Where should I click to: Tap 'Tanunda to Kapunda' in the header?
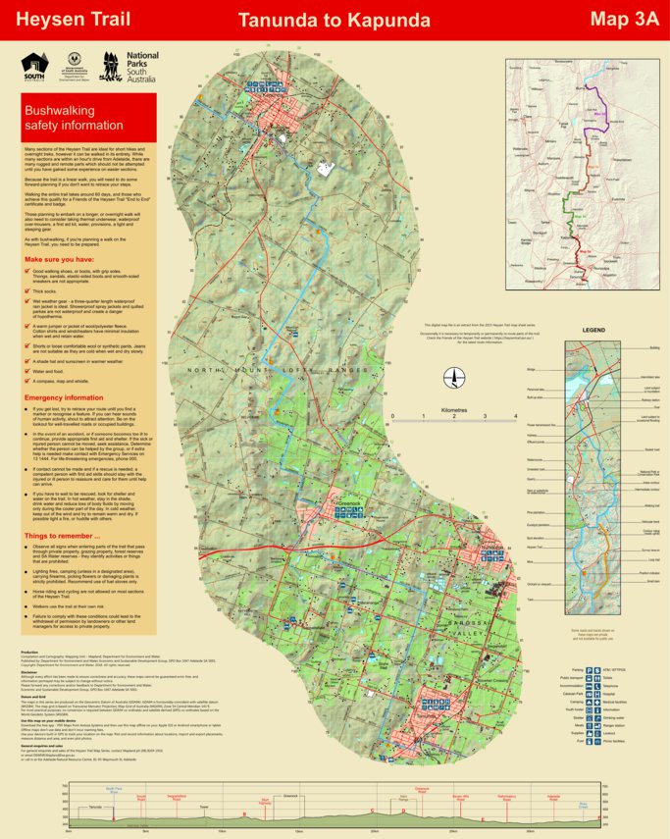pyautogui.click(x=335, y=20)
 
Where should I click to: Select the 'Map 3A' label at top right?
pyautogui.click(x=623, y=20)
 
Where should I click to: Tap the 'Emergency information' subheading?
pyautogui.click(x=69, y=397)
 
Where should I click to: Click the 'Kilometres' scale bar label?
pyautogui.click(x=454, y=410)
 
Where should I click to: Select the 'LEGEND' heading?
pyautogui.click(x=593, y=331)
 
